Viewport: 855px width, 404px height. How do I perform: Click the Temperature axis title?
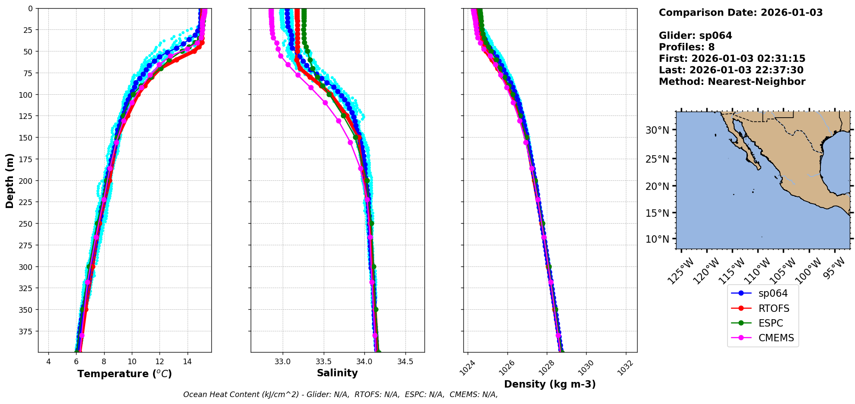(124, 374)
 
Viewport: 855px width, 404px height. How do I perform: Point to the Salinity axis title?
(337, 373)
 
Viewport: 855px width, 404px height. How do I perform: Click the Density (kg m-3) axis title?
(550, 384)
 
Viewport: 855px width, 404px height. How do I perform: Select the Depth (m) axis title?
(10, 180)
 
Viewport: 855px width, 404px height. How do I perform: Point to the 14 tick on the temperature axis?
(187, 362)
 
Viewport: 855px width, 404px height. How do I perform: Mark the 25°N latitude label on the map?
(657, 159)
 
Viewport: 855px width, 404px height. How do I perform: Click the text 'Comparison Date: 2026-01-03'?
(740, 13)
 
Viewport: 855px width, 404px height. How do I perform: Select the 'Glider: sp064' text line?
(695, 35)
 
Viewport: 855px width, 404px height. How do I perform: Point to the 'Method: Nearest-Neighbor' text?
(732, 82)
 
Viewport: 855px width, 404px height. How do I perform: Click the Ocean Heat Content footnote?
(340, 394)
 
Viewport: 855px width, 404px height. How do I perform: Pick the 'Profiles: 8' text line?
(686, 47)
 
